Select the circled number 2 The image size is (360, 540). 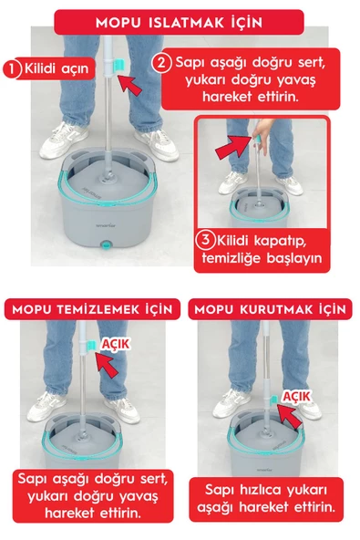(x=160, y=63)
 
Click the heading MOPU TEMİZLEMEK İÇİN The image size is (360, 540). (x=91, y=308)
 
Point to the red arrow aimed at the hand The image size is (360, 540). (x=231, y=144)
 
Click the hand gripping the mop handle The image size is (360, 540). (x=260, y=137)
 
